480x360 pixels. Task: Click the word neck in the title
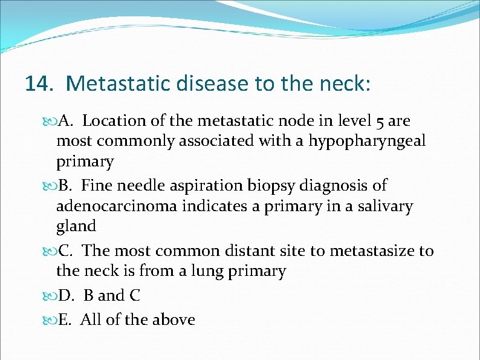(x=345, y=83)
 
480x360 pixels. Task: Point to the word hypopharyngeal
(x=368, y=142)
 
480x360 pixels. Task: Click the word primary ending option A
(x=85, y=162)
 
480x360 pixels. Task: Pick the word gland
(x=76, y=226)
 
